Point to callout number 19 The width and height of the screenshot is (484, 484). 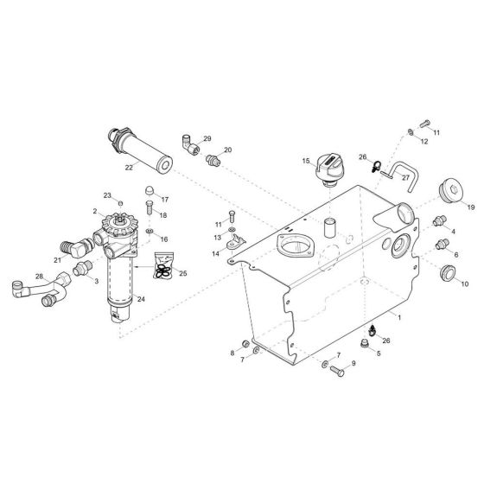pyautogui.click(x=471, y=207)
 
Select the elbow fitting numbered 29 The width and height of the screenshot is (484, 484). pyautogui.click(x=188, y=143)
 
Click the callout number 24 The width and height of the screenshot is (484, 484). pyautogui.click(x=141, y=300)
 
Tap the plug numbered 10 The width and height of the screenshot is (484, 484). pyautogui.click(x=449, y=274)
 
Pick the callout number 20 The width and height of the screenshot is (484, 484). pyautogui.click(x=228, y=150)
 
